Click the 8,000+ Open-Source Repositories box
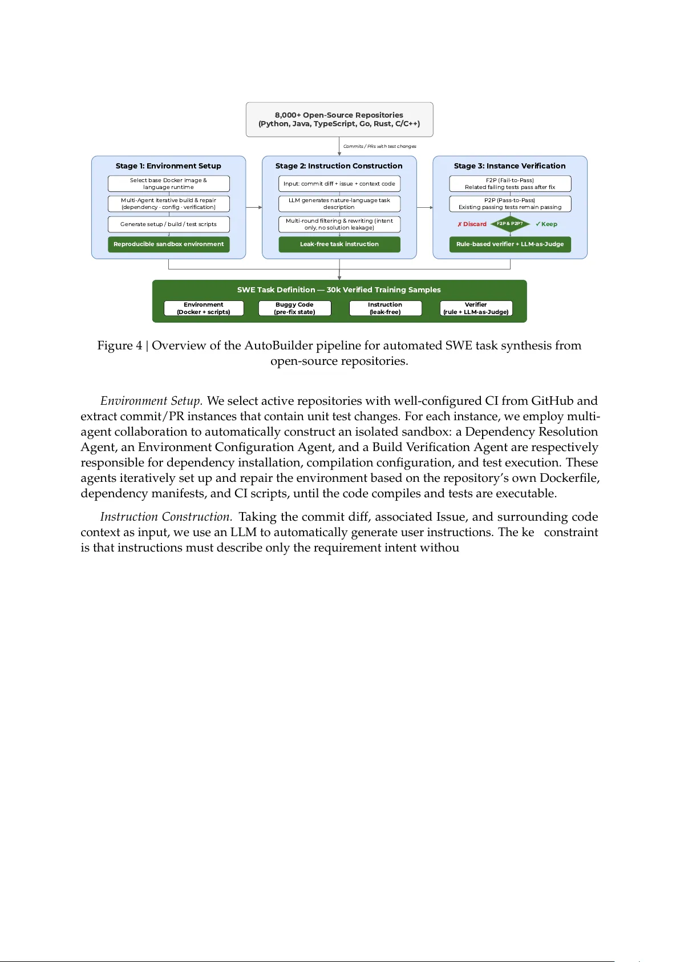coord(339,119)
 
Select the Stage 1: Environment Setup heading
coord(168,166)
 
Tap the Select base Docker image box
coord(168,184)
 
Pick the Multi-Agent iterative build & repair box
coord(168,204)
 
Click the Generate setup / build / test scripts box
coord(168,224)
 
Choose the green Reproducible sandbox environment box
coord(168,244)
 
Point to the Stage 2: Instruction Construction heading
coord(339,166)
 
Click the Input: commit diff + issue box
coord(339,184)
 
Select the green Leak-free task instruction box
coord(339,244)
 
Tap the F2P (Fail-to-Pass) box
coord(510,184)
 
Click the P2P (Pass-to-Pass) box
coord(510,204)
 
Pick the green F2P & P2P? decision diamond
coord(510,224)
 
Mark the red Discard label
coord(472,224)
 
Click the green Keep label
coord(547,224)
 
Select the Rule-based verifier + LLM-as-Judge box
coord(510,244)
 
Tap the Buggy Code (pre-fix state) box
coord(294,308)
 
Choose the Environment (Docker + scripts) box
coord(204,308)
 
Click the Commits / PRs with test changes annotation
coord(380,147)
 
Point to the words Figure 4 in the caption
coord(120,346)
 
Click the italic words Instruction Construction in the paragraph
coord(166,517)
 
